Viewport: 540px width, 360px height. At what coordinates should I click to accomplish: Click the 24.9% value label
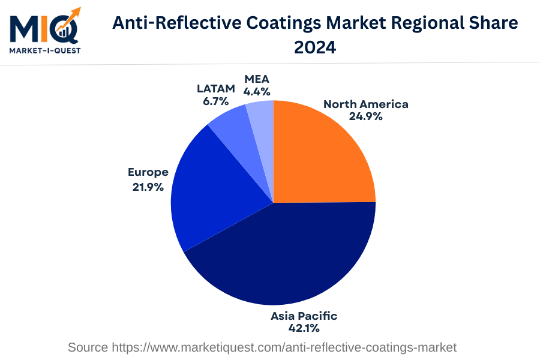(365, 116)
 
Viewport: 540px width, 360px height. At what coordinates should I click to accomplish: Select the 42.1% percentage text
(304, 328)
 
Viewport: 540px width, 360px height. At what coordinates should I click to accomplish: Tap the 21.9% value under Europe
(148, 187)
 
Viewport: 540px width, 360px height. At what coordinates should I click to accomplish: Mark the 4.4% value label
(256, 92)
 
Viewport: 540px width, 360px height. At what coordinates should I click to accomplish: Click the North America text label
(365, 104)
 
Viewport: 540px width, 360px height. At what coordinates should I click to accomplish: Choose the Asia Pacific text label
(304, 316)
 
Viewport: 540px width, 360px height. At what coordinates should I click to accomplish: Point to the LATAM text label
(216, 89)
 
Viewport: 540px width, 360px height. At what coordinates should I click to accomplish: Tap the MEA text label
(256, 79)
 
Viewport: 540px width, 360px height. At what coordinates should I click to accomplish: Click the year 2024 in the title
(315, 47)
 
